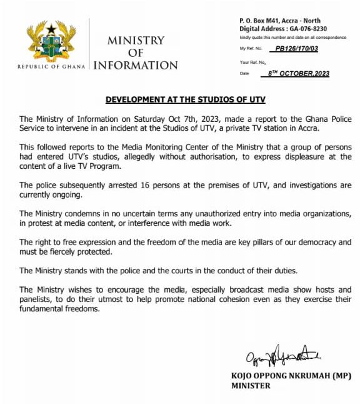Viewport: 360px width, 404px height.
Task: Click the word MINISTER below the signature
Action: coord(251,386)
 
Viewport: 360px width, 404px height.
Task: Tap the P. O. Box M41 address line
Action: coord(279,21)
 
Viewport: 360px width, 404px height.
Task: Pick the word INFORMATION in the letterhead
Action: coord(136,66)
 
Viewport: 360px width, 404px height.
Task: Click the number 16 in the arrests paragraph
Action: coord(139,186)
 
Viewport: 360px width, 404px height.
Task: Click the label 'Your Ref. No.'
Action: coord(253,62)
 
